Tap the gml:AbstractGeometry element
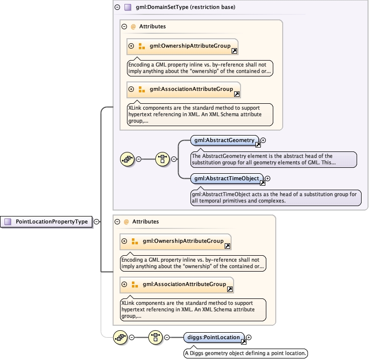coord(223,141)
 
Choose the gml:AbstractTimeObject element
coord(226,178)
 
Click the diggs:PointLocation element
coord(211,338)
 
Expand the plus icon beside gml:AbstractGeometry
coord(263,141)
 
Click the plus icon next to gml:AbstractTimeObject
coord(268,178)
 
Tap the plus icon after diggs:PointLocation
coord(249,338)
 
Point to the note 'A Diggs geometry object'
coord(246,353)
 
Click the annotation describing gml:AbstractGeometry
coord(273,159)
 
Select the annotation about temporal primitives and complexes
coord(275,197)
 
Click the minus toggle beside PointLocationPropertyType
coord(96,222)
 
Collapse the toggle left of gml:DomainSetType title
coord(117,7)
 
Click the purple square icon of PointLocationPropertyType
coord(7,222)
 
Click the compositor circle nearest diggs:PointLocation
coord(156,338)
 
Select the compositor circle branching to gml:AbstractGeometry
coord(163,159)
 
